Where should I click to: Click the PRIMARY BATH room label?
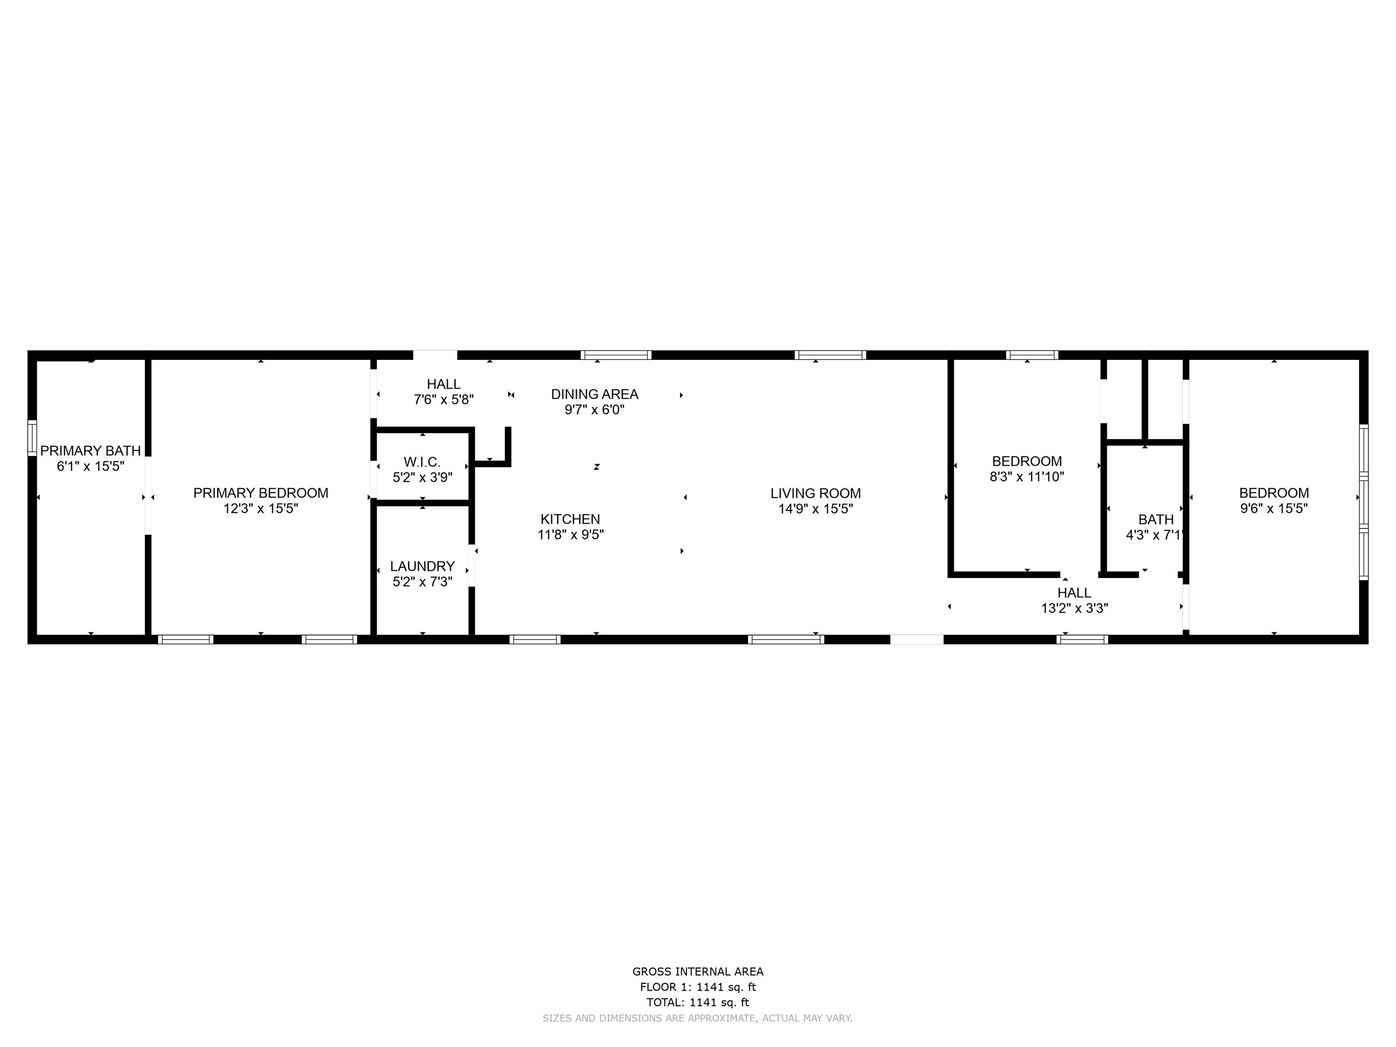90,451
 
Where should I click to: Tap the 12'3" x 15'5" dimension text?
261,509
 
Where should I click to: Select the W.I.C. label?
422,462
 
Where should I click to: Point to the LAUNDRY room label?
422,566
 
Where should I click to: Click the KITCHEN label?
570,519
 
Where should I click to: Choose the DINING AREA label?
594,394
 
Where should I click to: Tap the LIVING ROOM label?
815,493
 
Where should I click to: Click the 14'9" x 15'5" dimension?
815,509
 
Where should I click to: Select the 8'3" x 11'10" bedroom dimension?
1027,477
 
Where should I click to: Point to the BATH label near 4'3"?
1156,519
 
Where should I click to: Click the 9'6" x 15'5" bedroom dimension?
1274,509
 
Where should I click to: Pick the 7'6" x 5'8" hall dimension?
444,399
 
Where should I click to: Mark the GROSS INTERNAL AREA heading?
698,972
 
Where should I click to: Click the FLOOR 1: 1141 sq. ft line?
698,987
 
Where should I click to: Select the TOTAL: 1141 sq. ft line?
698,1002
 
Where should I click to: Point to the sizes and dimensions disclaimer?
698,1018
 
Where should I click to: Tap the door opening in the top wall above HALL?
435,354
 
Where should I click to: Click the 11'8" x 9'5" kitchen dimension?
570,534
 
